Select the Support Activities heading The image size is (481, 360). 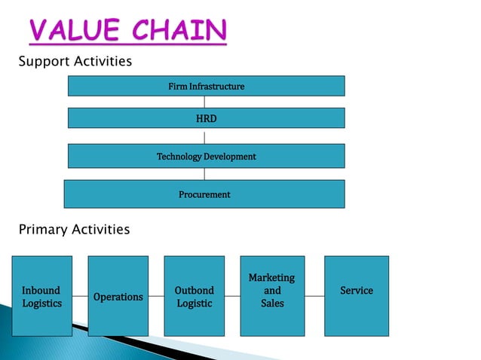pos(75,61)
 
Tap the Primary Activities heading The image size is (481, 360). pos(74,229)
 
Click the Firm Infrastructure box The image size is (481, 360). pos(206,86)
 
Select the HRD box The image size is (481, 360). pos(206,118)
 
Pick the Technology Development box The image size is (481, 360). pos(206,156)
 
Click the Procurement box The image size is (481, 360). pos(204,194)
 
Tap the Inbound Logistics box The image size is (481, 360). pos(41,295)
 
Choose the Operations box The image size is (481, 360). pos(118,295)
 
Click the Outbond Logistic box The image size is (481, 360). pos(194,295)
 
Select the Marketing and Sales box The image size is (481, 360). pos(272,295)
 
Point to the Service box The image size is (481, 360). pos(357,295)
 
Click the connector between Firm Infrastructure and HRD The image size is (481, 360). pos(204,102)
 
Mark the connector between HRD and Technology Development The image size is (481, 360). pos(204,136)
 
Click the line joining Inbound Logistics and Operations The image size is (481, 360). pos(80,296)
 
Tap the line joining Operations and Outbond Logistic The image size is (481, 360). pos(156,296)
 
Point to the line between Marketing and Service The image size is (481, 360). pos(314,296)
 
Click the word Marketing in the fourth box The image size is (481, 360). pos(271,278)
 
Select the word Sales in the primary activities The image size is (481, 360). pos(272,303)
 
